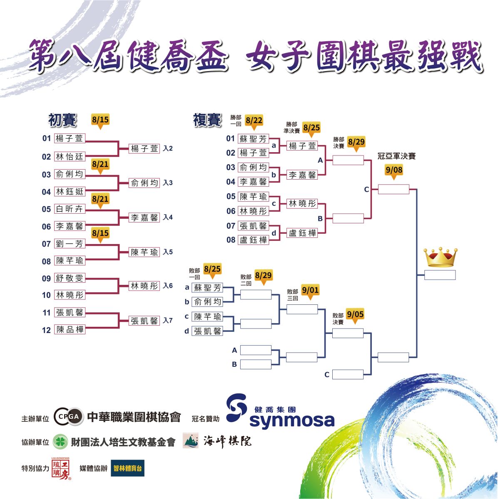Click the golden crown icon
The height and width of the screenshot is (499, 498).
tap(440, 257)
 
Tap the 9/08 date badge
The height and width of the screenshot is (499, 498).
tap(394, 171)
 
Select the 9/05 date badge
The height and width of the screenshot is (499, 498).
tap(355, 316)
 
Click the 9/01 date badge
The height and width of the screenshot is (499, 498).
tap(310, 291)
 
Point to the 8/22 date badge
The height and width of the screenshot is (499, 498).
tap(254, 122)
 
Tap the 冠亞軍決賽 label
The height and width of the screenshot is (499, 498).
tap(396, 156)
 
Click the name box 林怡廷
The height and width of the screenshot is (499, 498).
tap(70, 157)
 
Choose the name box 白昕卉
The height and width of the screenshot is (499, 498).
tap(70, 209)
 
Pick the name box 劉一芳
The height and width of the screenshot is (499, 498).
tap(70, 244)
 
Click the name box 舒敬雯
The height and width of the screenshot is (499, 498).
tap(70, 278)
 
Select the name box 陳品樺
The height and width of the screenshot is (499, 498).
tap(70, 330)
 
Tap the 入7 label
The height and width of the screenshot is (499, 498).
tap(167, 321)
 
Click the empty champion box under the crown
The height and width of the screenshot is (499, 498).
tap(440, 275)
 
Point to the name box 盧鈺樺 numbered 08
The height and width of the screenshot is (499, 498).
tap(254, 240)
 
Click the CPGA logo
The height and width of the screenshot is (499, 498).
tap(68, 417)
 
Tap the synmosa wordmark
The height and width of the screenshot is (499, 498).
tap(292, 420)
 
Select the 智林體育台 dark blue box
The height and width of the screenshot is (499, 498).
tap(127, 468)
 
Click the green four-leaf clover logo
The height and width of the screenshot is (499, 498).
tap(60, 442)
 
